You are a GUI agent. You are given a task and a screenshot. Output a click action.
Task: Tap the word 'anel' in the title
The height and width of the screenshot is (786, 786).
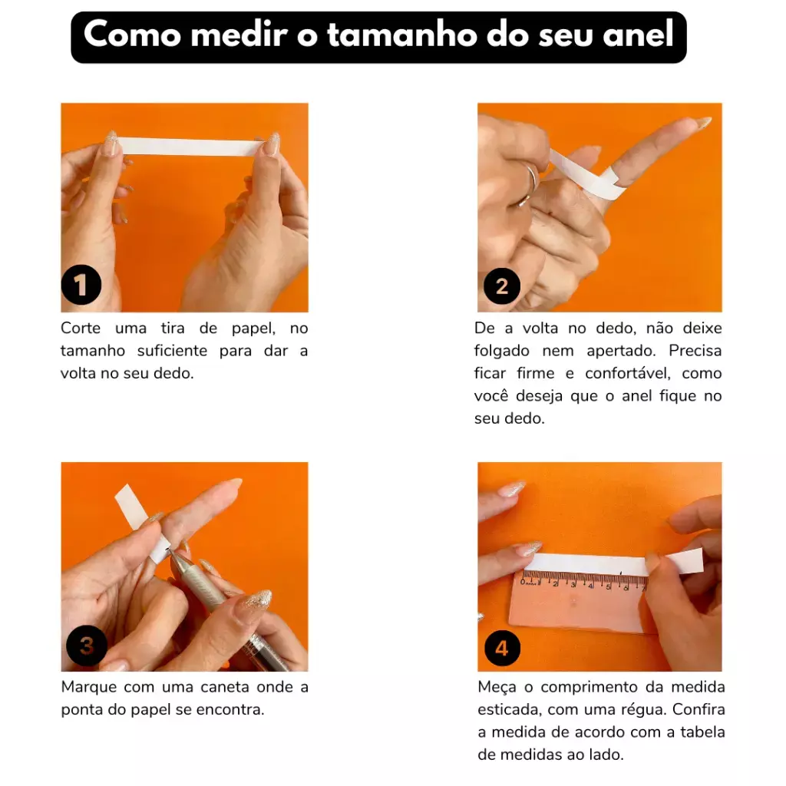pos(638,35)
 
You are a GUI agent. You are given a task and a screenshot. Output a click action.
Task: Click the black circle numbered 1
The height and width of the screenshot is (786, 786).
pos(81,285)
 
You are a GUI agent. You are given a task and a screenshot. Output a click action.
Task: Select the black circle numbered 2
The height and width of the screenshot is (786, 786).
pos(502,286)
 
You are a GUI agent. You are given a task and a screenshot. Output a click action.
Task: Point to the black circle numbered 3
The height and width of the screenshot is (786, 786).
pos(87,645)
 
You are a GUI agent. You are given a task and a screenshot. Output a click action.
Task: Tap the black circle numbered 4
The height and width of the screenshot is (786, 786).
pos(502,648)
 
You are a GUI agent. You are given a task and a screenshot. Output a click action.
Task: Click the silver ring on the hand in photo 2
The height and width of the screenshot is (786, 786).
pos(527,187)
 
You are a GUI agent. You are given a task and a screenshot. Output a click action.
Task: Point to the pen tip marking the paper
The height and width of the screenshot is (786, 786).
pos(168,550)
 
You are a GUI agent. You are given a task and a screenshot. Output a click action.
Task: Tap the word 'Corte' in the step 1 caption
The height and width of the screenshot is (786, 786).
pos(81,329)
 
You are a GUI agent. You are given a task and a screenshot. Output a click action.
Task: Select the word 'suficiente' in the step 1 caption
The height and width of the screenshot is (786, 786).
pos(172,351)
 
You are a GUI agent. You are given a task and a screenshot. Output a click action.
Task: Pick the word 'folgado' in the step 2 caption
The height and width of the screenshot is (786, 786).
pos(502,351)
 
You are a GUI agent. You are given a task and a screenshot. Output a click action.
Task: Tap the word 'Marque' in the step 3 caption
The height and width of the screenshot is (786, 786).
pos(89,687)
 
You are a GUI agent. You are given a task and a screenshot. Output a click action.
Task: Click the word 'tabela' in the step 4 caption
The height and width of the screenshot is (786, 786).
pos(703,732)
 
